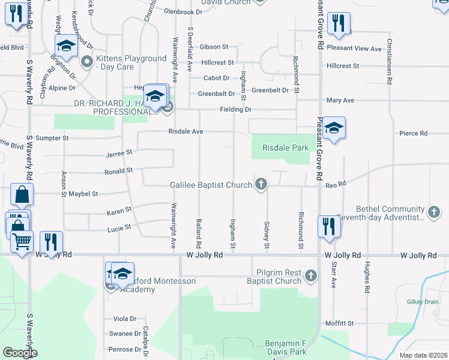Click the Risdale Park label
coord(285,148)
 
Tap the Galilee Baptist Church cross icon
coord(261,184)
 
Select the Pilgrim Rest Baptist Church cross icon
coord(310,276)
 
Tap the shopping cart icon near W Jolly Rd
coord(22,242)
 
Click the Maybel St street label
coord(82,194)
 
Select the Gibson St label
coord(214,46)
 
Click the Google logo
coord(20,353)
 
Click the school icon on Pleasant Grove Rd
coord(334,128)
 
